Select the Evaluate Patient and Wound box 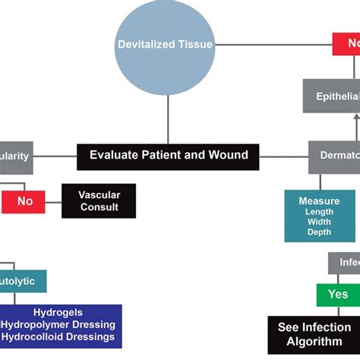coord(168,156)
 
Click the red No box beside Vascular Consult coord(24,201)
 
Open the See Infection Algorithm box coord(314,334)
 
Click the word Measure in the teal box coord(319,201)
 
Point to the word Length coord(319,212)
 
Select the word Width coord(319,222)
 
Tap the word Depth coord(319,232)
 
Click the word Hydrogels coord(58,312)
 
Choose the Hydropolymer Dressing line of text coord(58,324)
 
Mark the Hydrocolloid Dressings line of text coord(58,336)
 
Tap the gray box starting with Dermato coord(335,156)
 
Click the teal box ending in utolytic coord(23,280)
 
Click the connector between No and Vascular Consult coord(52,201)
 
